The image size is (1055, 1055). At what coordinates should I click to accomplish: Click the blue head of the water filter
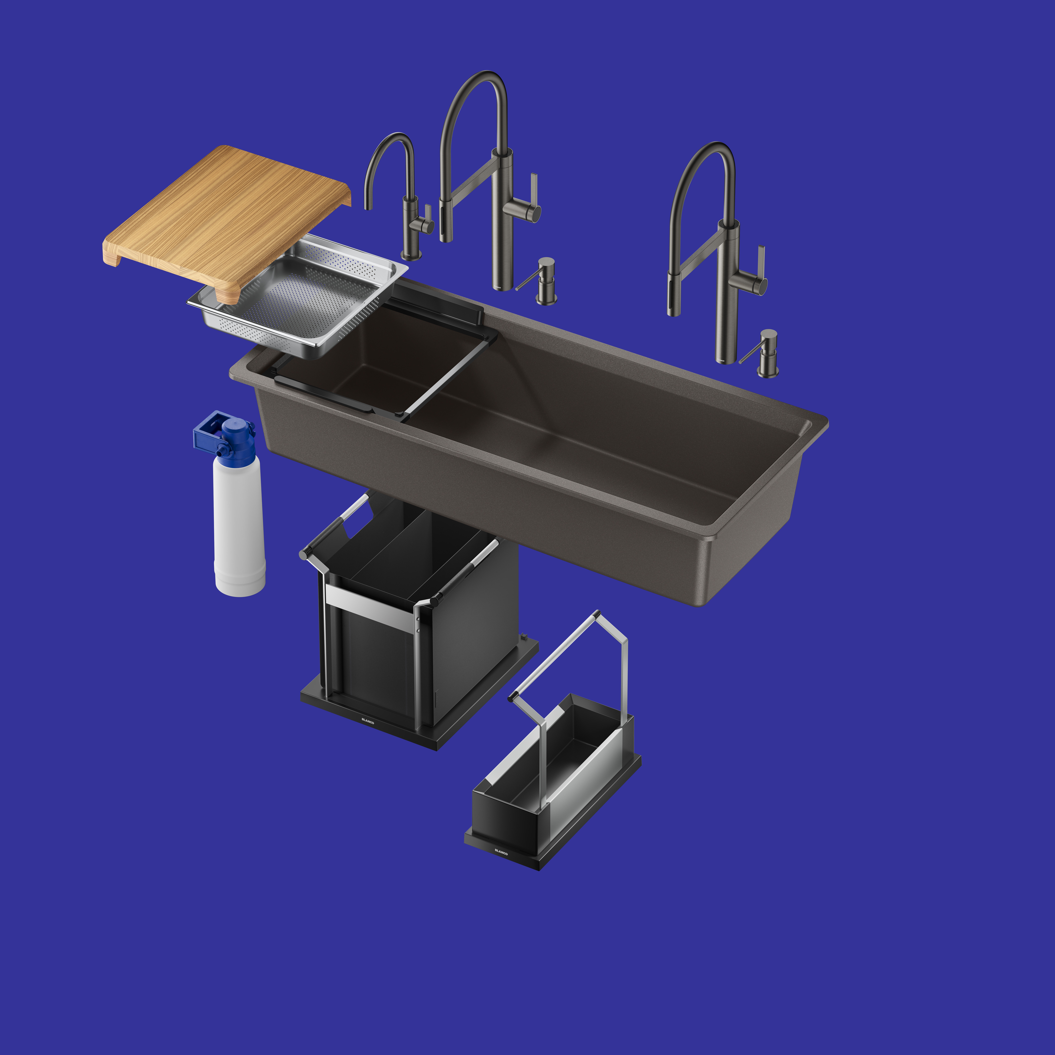point(225,435)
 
